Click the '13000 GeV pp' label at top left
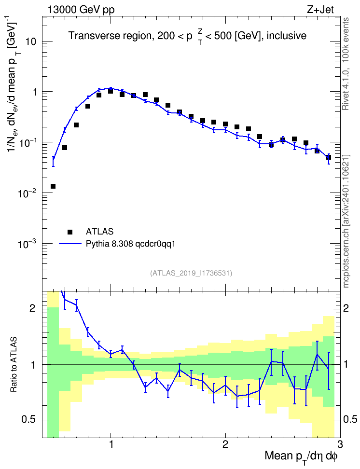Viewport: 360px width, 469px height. pos(81,10)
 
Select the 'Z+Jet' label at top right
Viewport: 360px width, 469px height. pos(320,10)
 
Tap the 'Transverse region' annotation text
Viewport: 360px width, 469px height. pos(110,36)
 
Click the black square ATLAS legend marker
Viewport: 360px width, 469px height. pos(70,232)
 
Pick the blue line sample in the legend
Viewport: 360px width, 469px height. pos(70,244)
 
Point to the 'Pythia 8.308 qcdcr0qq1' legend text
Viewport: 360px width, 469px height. pos(130,244)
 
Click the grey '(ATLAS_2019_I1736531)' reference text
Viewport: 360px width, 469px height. pos(191,273)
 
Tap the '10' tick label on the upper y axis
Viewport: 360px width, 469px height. pos(31,41)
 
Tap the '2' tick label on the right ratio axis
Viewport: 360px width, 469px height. pos(346,308)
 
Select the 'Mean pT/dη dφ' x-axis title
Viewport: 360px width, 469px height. pos(301,457)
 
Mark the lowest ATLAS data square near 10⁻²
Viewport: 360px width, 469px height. pos(53,186)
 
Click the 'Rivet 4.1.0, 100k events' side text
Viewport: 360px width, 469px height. pos(346,64)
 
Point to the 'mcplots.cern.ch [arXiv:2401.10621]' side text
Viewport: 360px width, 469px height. pos(346,221)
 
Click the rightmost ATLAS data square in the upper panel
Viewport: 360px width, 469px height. pos(329,157)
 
